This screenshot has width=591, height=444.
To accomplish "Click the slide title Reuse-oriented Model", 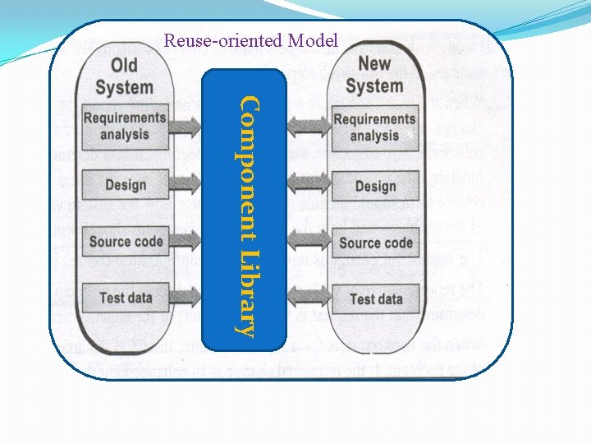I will coord(250,39).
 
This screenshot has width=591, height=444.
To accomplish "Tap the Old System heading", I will coord(124,76).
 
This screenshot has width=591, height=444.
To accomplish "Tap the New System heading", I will coord(373,74).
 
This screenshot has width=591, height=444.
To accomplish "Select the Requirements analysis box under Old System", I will coord(125,126).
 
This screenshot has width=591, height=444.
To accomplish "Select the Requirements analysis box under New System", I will coord(374,127).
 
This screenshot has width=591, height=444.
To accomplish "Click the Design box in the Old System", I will coord(125,185).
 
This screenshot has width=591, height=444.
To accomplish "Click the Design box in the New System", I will coord(375,187).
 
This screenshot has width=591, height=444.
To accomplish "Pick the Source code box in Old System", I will coord(125,241).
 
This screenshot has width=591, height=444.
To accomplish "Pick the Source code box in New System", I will coord(375,243).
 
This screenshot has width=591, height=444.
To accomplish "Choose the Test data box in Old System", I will coord(125,297).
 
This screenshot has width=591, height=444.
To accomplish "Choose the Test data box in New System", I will coord(375,298).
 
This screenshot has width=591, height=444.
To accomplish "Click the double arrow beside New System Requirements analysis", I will coord(309,126).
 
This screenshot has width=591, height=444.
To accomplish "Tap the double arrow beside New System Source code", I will coord(309,242).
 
